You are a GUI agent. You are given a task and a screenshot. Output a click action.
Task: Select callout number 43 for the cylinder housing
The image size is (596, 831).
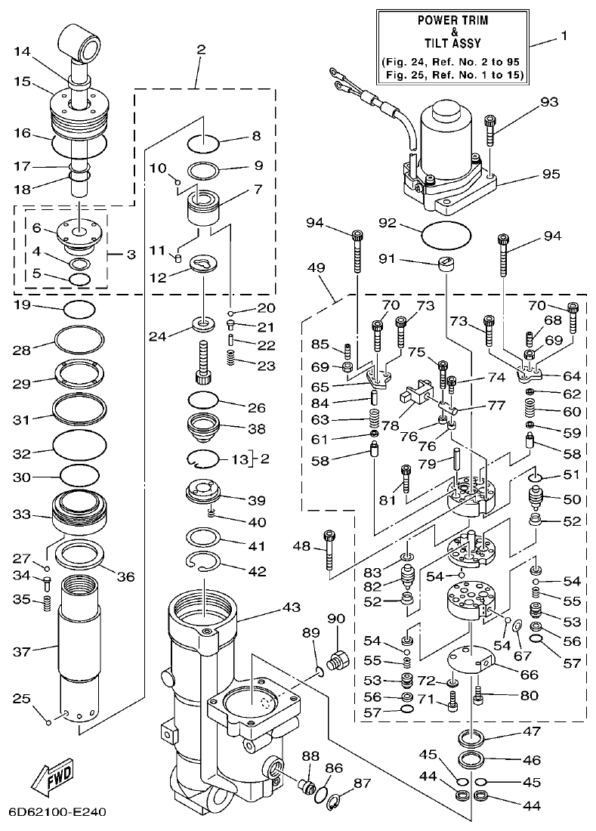(x=270, y=607)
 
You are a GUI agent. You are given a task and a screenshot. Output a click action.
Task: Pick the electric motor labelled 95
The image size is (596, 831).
(x=442, y=159)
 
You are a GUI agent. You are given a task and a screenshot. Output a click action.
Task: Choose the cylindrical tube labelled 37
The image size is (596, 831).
(x=83, y=650)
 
